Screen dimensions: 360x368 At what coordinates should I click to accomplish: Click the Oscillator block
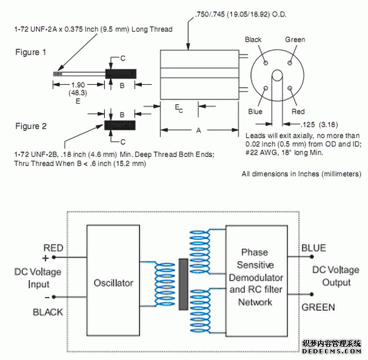(113, 282)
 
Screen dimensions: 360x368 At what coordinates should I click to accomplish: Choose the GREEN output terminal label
(318, 307)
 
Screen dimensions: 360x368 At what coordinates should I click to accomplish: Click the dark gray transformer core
(183, 284)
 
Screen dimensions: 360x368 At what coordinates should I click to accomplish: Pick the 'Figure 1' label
(31, 52)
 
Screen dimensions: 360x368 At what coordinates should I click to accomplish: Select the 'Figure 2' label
(31, 126)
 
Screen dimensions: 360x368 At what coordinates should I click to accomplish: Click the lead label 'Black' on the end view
(253, 40)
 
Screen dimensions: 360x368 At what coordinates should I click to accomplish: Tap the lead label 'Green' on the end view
(295, 40)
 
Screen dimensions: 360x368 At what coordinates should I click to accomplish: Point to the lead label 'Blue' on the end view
(255, 112)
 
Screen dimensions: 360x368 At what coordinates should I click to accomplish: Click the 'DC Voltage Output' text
(336, 276)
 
